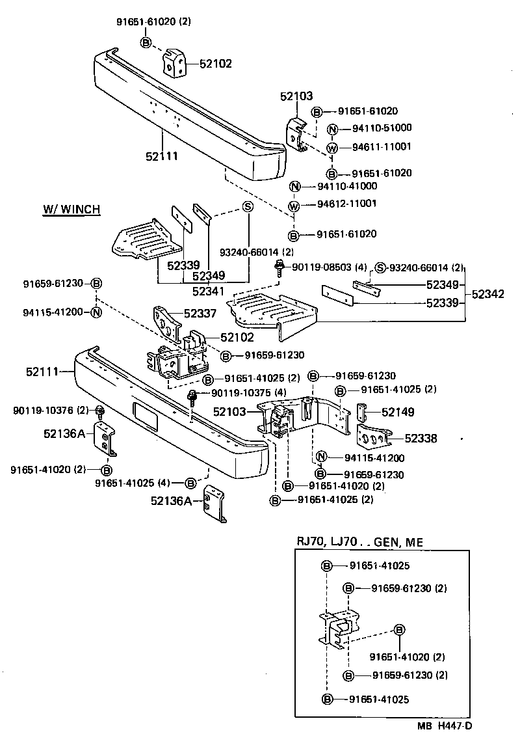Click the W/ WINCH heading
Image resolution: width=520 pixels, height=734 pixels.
(71, 210)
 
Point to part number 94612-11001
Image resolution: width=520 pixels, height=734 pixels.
(346, 204)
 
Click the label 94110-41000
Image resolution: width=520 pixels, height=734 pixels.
(347, 186)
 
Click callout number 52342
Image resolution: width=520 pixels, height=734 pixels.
(487, 294)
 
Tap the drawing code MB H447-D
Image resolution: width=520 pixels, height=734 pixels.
(445, 725)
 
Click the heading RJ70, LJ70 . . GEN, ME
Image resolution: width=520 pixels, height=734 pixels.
(359, 542)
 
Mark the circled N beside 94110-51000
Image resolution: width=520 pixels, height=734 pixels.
(331, 129)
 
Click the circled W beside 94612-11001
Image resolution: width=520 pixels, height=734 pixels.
(294, 206)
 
